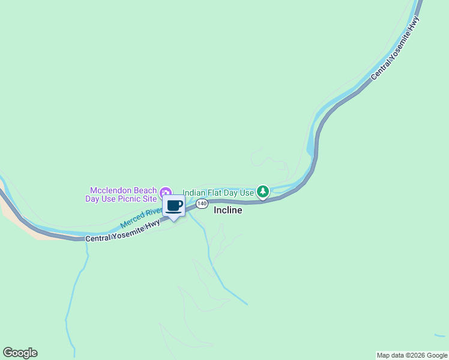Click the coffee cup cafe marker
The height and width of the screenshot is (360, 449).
pos(174,206)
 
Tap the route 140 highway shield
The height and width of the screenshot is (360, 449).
pos(202,204)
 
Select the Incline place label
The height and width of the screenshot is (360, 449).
pos(228,211)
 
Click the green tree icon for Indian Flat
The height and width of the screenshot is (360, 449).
pos(262,192)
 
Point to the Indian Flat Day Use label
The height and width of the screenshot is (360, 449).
pos(218,193)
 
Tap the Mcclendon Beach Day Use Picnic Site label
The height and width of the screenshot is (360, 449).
pos(124,194)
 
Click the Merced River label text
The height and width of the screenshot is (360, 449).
pos(142,217)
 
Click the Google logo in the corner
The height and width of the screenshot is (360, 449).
pos(20,353)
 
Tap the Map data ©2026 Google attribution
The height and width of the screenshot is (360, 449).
pos(412,355)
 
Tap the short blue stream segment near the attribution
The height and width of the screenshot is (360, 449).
pos(440,335)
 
